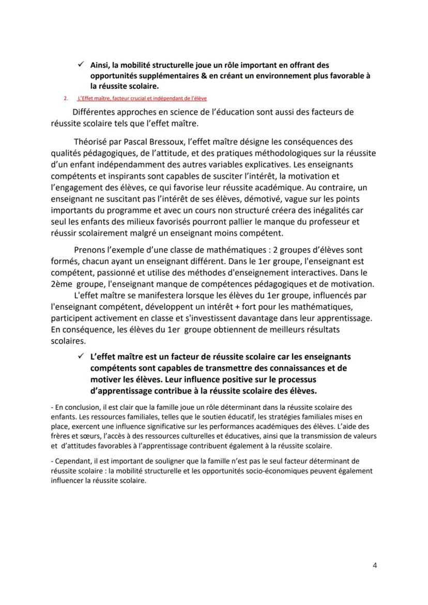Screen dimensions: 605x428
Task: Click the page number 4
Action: [x=374, y=565]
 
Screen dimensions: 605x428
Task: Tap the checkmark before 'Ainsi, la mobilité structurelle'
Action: [x=81, y=65]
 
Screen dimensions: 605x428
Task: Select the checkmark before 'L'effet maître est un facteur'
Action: [x=81, y=356]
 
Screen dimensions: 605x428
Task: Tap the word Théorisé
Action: [x=94, y=142]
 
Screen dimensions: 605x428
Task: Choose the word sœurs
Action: [x=83, y=437]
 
